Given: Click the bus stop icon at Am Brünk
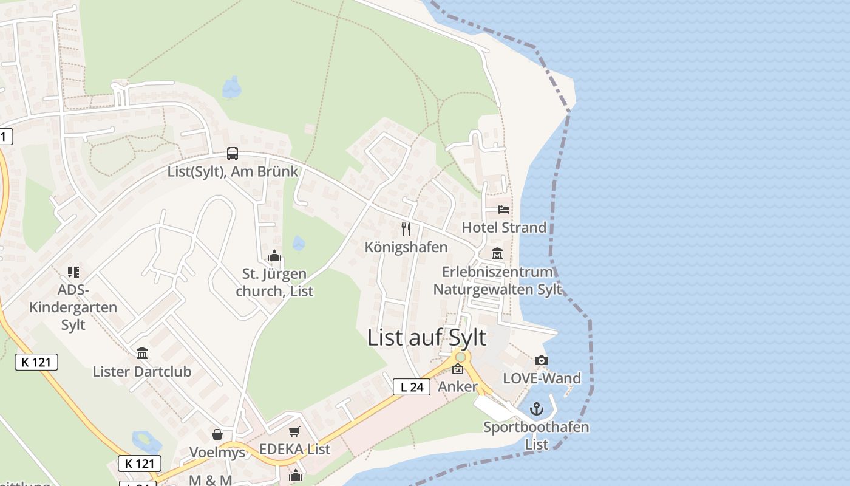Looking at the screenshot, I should [x=233, y=154].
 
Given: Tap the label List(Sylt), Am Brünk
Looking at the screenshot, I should [x=233, y=171].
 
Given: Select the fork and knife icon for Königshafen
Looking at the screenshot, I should [x=406, y=229].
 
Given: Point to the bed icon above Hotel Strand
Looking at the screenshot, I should [x=504, y=210].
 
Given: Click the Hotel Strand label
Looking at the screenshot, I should [x=504, y=227].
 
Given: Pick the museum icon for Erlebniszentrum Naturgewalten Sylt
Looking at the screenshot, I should [x=497, y=254].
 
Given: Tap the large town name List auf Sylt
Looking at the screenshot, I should [x=427, y=338].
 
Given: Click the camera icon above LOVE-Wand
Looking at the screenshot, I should [x=542, y=361].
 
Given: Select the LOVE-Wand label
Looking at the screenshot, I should [x=542, y=378].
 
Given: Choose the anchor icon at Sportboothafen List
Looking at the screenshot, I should [x=536, y=409].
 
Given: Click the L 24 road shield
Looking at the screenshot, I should [x=412, y=387].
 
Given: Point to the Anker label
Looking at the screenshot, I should [x=458, y=386].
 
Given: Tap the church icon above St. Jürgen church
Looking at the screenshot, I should [x=274, y=256].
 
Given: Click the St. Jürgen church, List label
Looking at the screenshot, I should [x=274, y=282].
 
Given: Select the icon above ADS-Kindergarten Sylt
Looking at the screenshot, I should [x=73, y=272].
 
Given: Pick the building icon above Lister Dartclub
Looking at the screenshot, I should [x=142, y=353].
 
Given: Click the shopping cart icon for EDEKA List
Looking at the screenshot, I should [x=294, y=432].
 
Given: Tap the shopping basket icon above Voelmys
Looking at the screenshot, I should [x=217, y=434].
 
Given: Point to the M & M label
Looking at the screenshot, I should [x=211, y=480].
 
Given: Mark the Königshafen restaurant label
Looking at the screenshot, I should [x=406, y=247].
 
